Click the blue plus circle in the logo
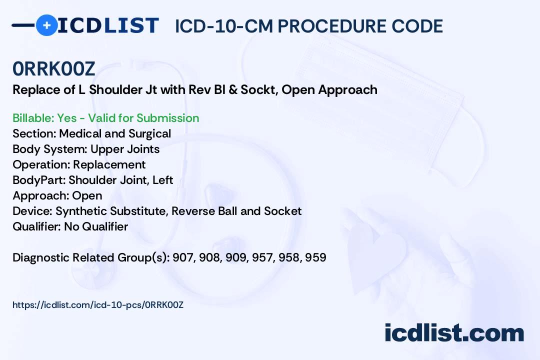click(46, 25)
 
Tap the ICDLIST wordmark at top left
click(108, 25)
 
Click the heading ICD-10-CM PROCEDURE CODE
click(308, 26)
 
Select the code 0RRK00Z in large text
click(54, 69)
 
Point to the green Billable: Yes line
click(105, 118)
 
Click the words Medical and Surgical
click(115, 133)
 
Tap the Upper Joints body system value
click(125, 149)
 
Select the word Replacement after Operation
click(109, 164)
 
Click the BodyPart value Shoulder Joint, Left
click(120, 180)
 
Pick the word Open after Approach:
click(87, 195)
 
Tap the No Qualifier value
click(96, 226)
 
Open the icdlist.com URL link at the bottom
click(98, 304)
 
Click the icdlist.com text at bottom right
click(454, 333)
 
